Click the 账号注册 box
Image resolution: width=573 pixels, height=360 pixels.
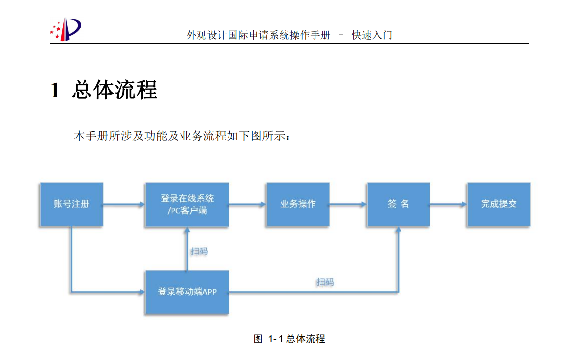(71, 204)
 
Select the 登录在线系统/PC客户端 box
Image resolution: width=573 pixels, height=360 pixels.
(187, 204)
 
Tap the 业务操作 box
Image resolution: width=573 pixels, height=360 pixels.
(298, 204)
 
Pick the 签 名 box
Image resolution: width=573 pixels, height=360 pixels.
(398, 204)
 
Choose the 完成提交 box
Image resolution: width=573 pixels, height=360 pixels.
(498, 204)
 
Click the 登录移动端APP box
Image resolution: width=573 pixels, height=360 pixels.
(187, 292)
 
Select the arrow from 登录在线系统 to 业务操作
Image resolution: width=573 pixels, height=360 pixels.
(248, 204)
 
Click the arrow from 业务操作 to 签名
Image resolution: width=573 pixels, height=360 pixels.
(348, 204)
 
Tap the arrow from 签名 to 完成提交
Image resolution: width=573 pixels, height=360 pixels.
(448, 204)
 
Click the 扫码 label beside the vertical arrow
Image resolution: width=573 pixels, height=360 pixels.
(199, 251)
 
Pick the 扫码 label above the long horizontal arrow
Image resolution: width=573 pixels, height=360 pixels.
(325, 282)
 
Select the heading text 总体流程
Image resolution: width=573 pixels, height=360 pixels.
(115, 90)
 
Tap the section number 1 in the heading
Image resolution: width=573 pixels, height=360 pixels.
(55, 91)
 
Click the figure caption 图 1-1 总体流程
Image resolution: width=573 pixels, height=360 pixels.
(289, 339)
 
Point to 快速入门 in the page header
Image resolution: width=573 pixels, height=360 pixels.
(372, 35)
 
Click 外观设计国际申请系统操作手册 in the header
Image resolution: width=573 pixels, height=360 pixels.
(258, 35)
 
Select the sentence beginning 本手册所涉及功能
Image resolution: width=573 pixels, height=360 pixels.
(182, 136)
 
